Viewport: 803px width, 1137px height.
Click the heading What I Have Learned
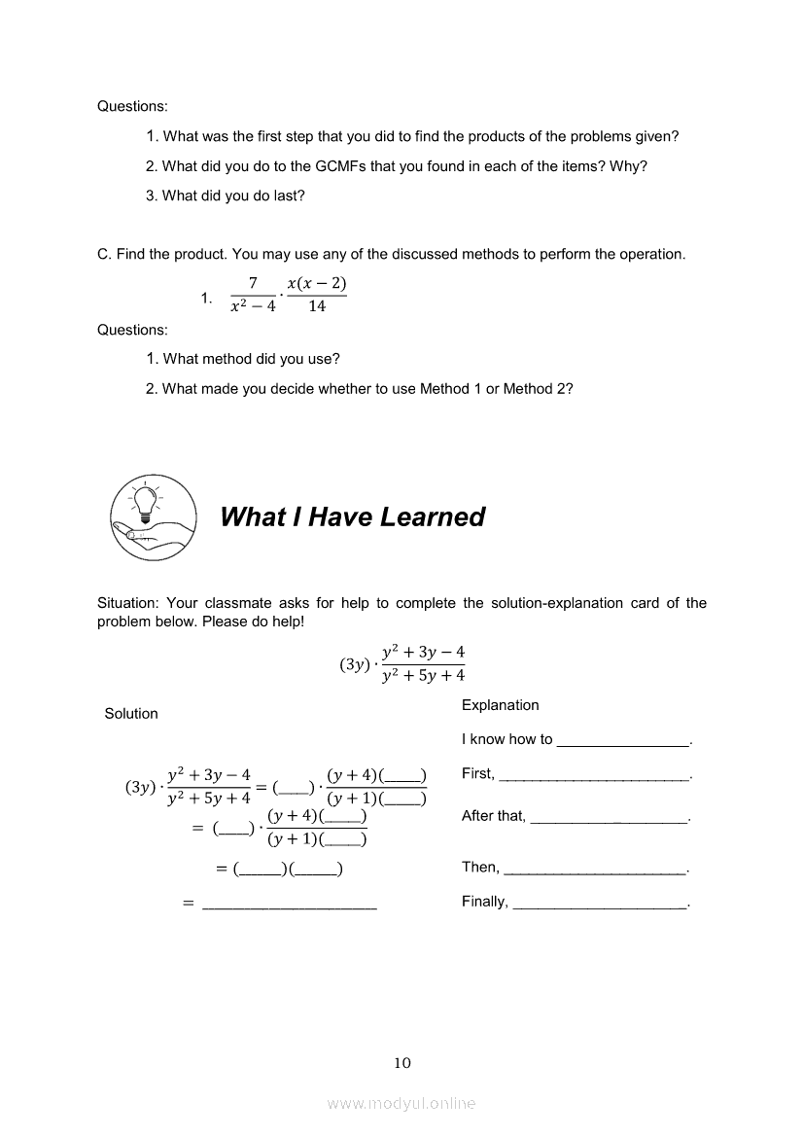pos(352,516)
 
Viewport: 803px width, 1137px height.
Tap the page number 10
pos(402,1063)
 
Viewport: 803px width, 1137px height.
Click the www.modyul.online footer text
pos(401,1103)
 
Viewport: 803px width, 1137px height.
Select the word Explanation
pos(500,705)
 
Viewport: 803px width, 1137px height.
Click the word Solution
pos(131,714)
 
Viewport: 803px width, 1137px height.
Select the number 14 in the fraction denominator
pos(317,306)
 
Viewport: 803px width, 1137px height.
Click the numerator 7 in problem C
pos(253,284)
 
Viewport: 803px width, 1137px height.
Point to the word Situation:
pos(128,603)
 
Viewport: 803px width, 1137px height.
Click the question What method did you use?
pos(251,359)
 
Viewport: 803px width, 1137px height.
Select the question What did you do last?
pos(233,195)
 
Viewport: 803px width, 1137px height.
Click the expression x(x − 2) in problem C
pos(317,284)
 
